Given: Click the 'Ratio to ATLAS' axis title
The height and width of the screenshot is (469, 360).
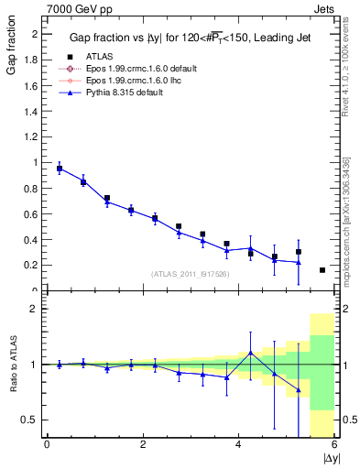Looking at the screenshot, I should [12, 365].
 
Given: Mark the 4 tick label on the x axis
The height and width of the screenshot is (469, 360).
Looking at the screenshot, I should [239, 444].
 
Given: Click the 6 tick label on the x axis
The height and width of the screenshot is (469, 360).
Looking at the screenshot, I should [334, 444].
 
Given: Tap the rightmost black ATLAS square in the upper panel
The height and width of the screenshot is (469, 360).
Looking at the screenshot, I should [322, 270].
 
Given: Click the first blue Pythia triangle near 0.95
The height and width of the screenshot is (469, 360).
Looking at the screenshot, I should [60, 169].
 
